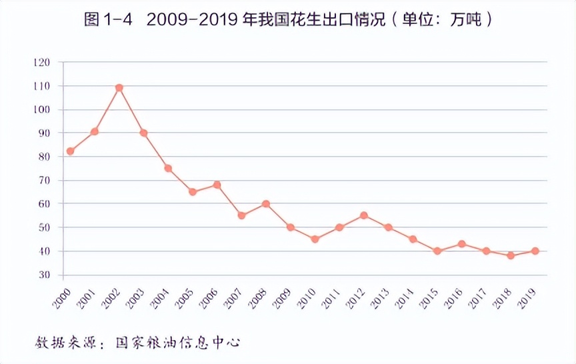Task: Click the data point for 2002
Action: pos(119,88)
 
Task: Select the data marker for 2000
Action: pos(70,151)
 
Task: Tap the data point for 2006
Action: pos(217,185)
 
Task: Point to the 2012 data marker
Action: pos(364,215)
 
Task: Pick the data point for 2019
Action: pos(535,251)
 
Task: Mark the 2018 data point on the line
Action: pos(511,255)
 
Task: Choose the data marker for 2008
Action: pos(266,204)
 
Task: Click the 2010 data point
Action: pos(315,239)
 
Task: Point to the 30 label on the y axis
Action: pos(44,275)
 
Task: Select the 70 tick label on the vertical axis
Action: pos(44,181)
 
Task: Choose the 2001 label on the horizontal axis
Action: pos(86,294)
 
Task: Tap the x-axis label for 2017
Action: pos(478,294)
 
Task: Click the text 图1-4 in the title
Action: pos(107,19)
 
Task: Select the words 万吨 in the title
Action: pos(464,19)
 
